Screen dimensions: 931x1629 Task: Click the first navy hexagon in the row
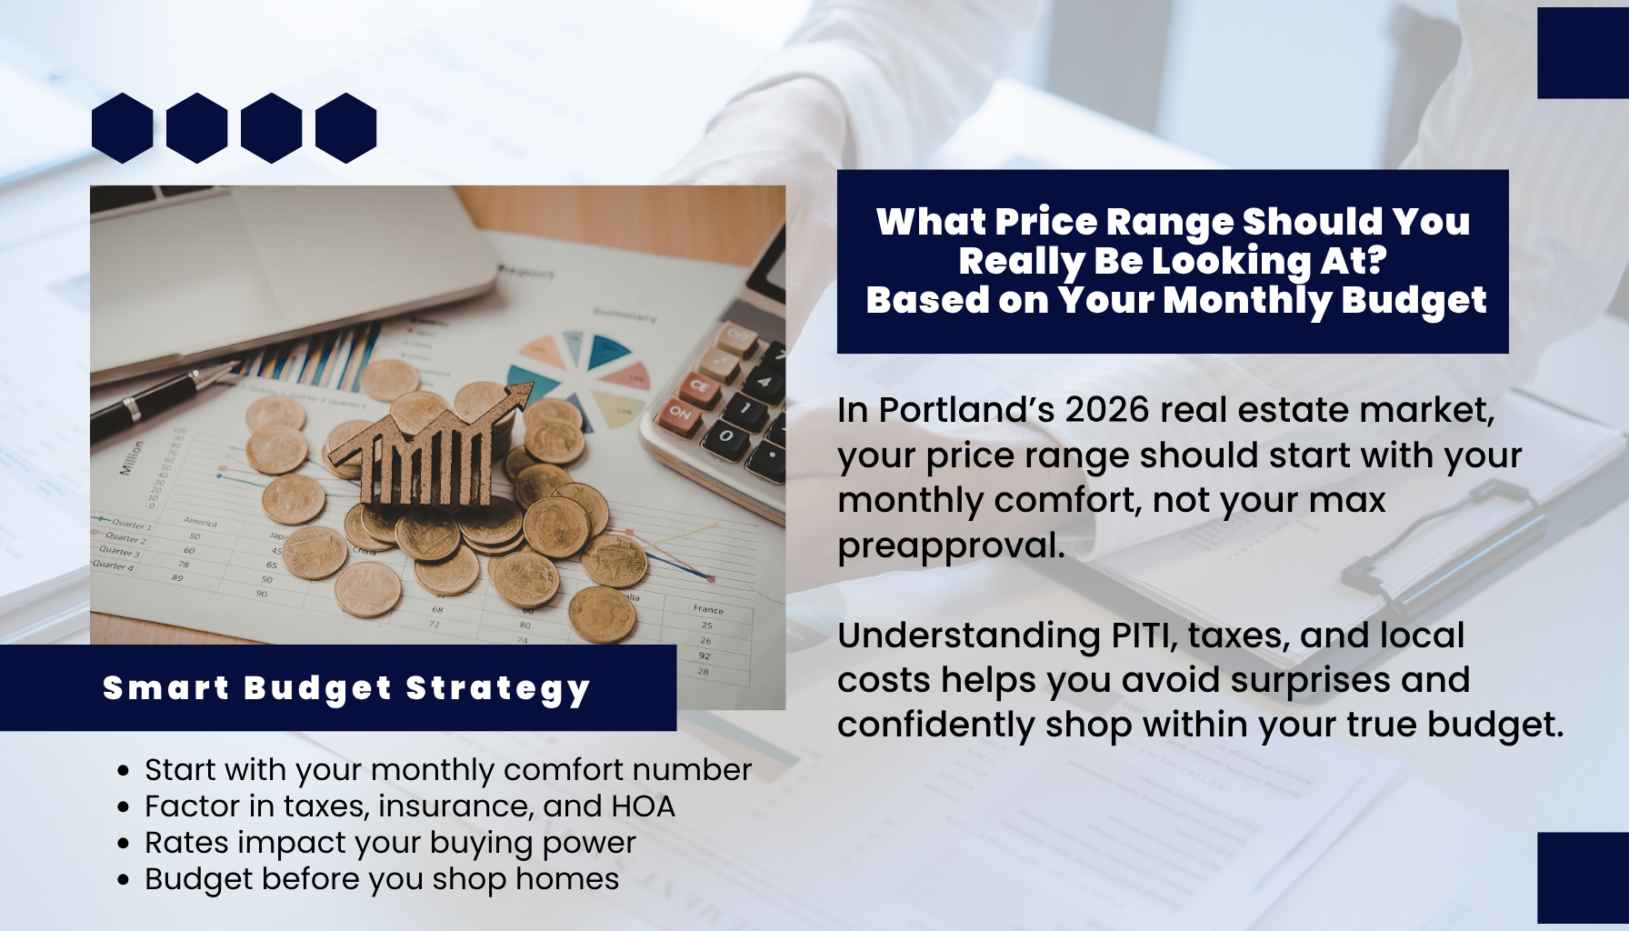[x=123, y=128]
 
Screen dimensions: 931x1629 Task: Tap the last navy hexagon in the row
[x=346, y=128]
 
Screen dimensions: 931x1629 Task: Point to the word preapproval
[x=950, y=546]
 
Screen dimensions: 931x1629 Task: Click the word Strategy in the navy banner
[x=498, y=689]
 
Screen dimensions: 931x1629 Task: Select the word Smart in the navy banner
[x=165, y=688]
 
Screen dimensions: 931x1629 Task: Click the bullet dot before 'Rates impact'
[x=125, y=844]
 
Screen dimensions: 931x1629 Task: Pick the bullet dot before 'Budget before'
[x=125, y=880]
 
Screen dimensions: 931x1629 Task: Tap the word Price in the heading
[x=1045, y=222]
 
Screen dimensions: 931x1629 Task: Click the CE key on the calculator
[x=698, y=385]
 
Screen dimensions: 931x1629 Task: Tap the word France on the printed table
[x=708, y=609]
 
